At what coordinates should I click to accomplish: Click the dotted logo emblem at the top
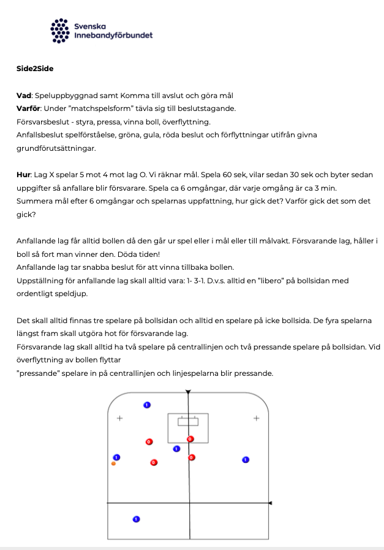coord(59,30)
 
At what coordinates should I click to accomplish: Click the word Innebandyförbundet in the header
coord(113,36)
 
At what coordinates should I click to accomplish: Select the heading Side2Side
coord(35,69)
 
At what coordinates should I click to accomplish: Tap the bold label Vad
coord(24,95)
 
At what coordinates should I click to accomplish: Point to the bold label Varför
coord(29,109)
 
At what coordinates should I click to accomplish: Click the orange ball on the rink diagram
coord(114,464)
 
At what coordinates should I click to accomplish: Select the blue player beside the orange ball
coord(116,457)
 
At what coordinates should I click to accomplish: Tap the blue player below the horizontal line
coord(137,519)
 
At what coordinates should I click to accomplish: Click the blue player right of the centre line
coord(246,459)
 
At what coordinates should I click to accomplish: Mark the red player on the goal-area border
coord(190,439)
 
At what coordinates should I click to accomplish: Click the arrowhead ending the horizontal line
coord(270,503)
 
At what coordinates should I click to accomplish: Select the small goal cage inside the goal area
coord(188,421)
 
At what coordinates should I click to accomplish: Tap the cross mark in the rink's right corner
coord(256,418)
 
